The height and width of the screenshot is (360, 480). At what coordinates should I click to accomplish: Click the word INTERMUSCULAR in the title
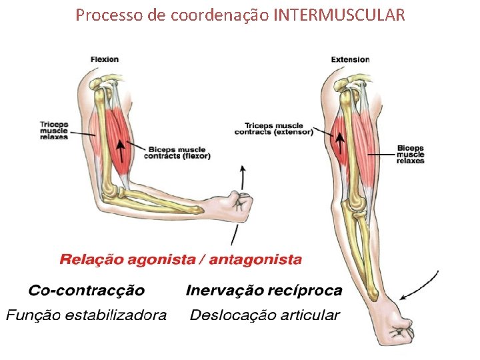(x=339, y=14)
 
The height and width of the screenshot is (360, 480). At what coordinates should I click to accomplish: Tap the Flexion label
(x=105, y=59)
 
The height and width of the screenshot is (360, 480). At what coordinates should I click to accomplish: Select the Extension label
(x=350, y=59)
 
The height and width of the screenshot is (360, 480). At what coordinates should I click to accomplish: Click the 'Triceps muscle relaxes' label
(x=54, y=131)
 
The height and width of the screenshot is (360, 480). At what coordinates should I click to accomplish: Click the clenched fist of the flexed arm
(x=241, y=199)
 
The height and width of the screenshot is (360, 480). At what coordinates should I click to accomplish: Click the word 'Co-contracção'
(x=86, y=291)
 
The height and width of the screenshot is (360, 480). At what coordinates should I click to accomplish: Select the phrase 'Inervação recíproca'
(x=264, y=291)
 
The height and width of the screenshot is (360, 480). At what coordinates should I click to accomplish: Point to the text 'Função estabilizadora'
(x=86, y=315)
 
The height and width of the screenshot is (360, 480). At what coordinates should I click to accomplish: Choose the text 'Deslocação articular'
(x=265, y=315)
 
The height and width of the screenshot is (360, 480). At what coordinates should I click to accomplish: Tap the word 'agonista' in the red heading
(x=158, y=259)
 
